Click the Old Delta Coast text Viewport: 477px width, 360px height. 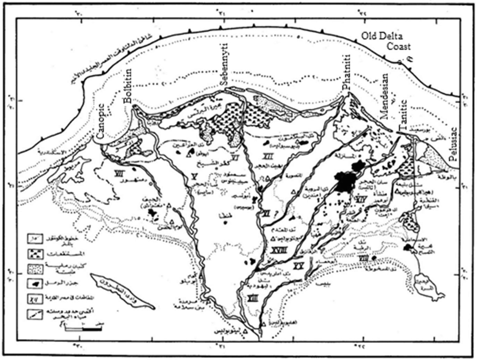tap(386, 41)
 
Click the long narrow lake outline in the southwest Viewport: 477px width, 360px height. tap(121, 291)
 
